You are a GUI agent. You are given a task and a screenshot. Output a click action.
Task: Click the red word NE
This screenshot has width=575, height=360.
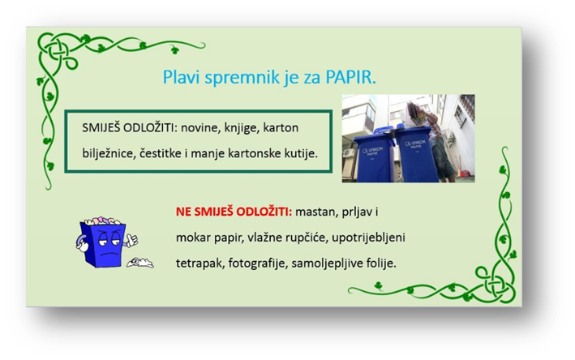pos(183,212)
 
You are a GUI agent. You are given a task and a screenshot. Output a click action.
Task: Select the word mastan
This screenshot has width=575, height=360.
pos(315,212)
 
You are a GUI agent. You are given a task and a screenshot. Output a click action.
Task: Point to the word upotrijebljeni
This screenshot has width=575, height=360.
pos(368,238)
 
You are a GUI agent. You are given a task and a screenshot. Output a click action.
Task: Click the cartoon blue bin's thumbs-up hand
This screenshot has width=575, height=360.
pos(131,241)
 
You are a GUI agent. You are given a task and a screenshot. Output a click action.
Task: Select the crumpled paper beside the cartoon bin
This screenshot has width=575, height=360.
pos(140,263)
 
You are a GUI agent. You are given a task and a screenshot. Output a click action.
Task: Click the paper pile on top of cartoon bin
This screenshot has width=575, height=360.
pos(101,221)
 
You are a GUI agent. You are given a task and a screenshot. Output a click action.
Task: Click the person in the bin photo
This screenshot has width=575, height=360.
pos(433,141)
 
